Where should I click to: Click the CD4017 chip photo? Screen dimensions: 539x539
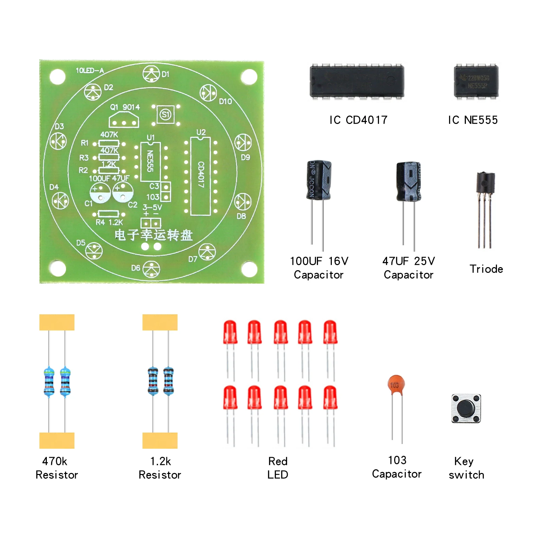coord(357,82)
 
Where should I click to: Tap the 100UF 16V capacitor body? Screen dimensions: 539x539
coord(319,180)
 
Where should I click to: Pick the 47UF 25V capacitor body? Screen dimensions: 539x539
coord(409,182)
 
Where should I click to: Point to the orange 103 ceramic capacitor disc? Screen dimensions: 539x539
coord(396,384)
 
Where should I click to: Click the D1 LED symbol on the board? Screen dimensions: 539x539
coord(151,74)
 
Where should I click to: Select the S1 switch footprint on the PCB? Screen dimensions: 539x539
coord(165,115)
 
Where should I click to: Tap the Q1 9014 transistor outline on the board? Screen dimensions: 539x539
coord(124,120)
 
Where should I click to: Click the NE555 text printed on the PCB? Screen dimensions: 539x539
coord(150,161)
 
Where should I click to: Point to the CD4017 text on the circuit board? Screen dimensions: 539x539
coord(201,174)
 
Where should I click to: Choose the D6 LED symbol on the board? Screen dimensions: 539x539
coord(151,269)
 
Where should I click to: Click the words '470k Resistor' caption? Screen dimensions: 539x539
coord(57,468)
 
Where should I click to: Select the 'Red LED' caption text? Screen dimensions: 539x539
coord(278,468)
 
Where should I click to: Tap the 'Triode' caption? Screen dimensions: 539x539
coord(486,269)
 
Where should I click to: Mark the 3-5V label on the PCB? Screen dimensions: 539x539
coord(152,207)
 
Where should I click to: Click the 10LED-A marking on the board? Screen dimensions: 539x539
coord(90,70)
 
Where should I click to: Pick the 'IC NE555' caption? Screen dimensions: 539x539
coord(473,120)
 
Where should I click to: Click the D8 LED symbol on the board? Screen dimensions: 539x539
coord(243,201)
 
